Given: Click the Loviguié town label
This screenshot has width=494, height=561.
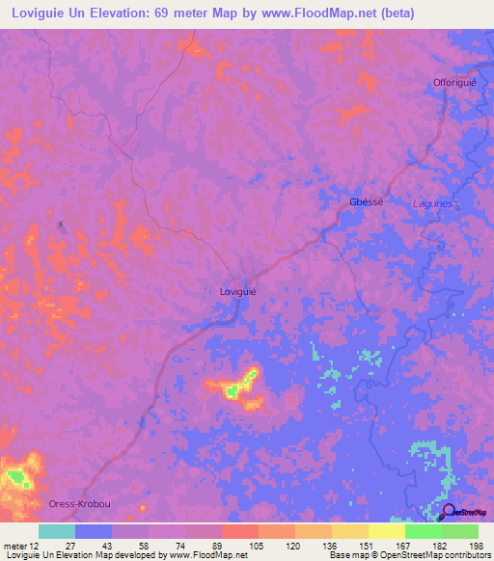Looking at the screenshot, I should click(x=236, y=289).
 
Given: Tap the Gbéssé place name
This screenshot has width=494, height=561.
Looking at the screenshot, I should click(x=366, y=201).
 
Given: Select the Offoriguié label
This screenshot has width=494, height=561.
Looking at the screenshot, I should click(x=454, y=83).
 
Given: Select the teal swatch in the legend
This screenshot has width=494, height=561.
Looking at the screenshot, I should click(x=56, y=531).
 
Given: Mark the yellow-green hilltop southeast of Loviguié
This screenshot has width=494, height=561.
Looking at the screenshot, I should click(x=233, y=390).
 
